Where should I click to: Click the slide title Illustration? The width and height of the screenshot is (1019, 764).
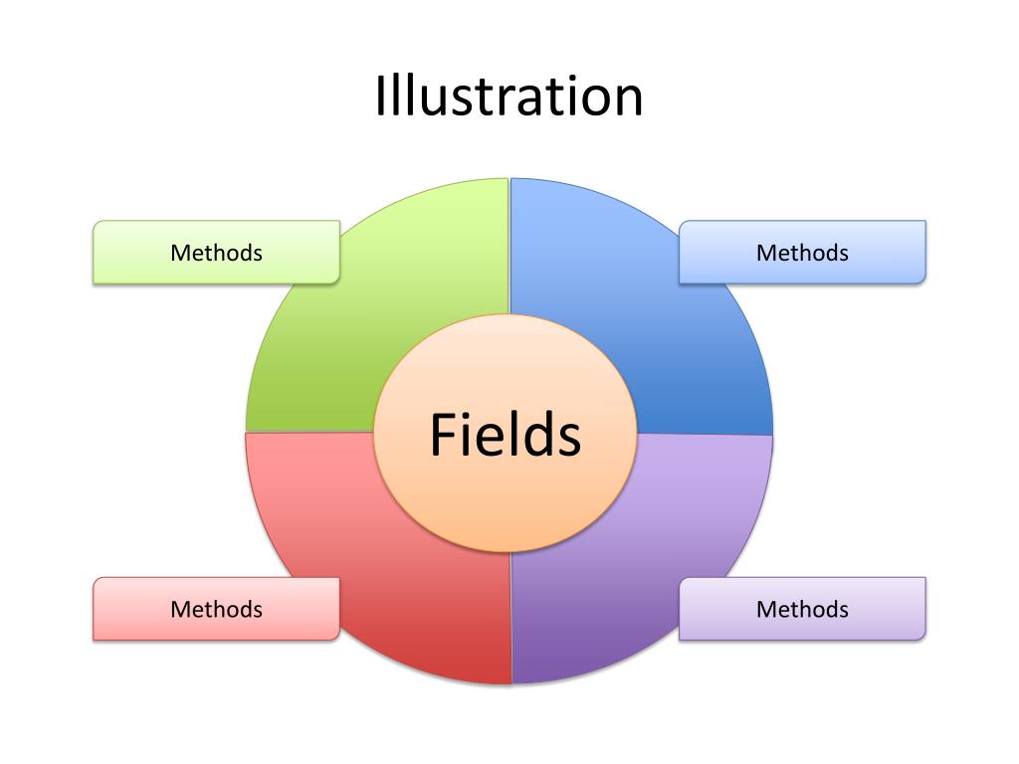tap(509, 96)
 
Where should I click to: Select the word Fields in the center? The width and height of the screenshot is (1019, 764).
tap(505, 436)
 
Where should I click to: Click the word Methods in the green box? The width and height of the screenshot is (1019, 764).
tap(216, 253)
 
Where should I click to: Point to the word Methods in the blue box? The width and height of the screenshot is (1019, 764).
tap(802, 253)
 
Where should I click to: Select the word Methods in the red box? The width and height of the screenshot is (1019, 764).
tap(216, 609)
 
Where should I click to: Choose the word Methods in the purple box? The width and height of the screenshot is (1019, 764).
tap(802, 609)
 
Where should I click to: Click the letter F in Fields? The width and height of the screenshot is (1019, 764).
tap(442, 436)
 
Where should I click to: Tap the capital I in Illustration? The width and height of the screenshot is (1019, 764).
tap(381, 96)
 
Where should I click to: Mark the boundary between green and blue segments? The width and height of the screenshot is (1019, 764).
tap(509, 249)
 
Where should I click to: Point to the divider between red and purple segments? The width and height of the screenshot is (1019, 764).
tap(511, 617)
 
